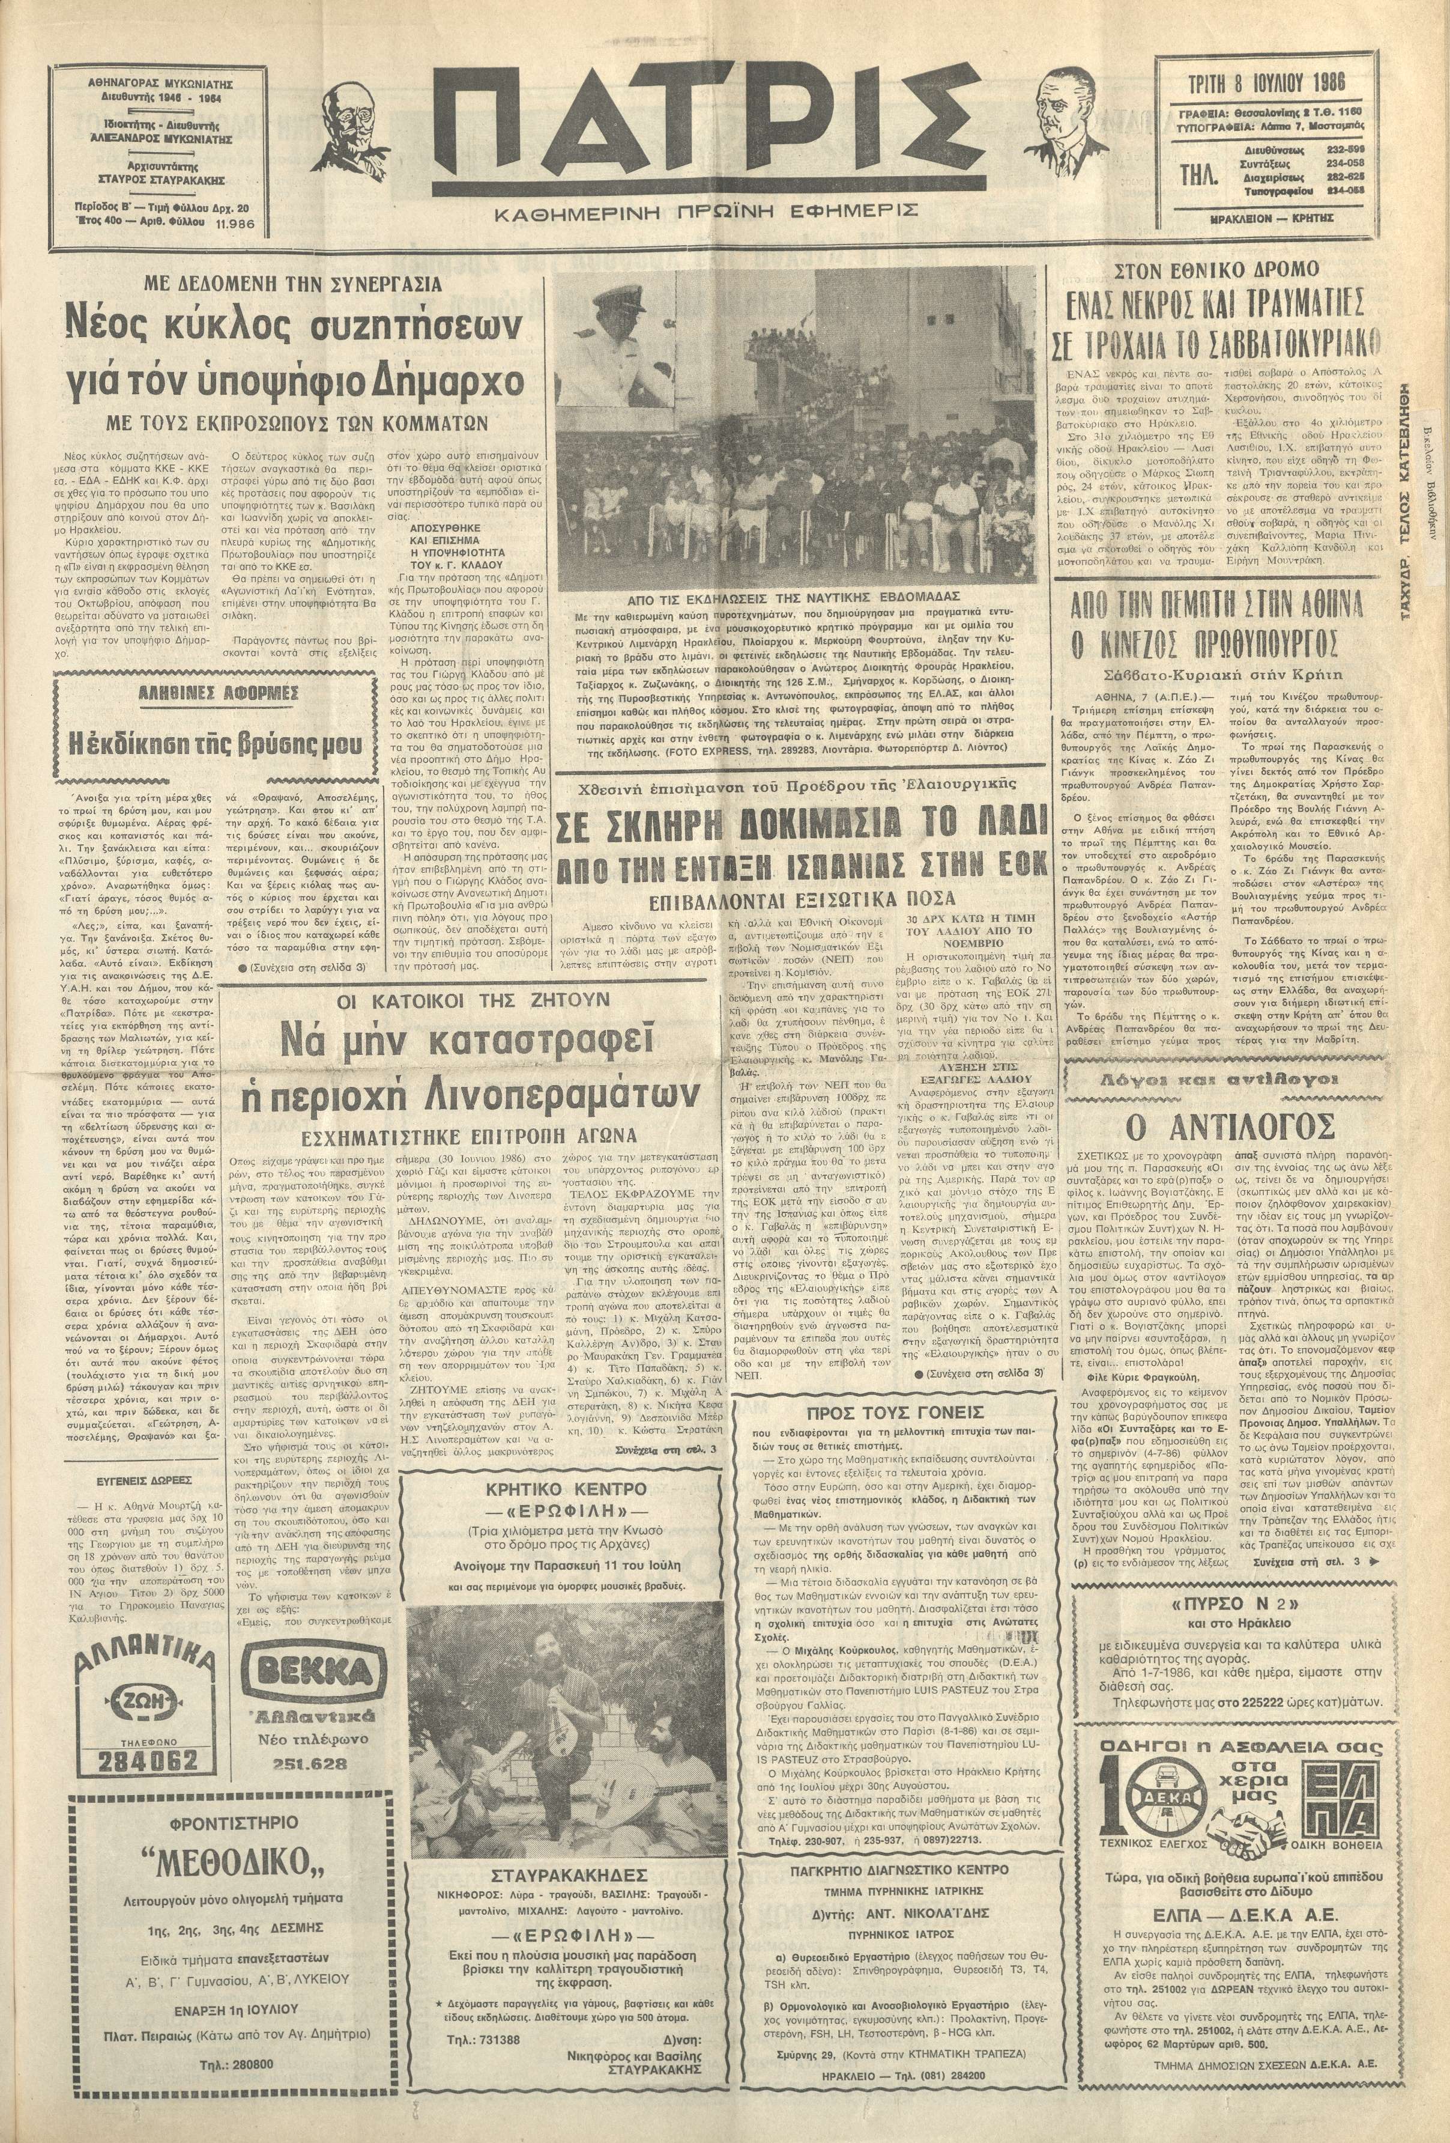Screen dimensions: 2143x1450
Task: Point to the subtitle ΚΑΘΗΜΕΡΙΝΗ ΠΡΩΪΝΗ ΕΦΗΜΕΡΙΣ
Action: tap(706, 211)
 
